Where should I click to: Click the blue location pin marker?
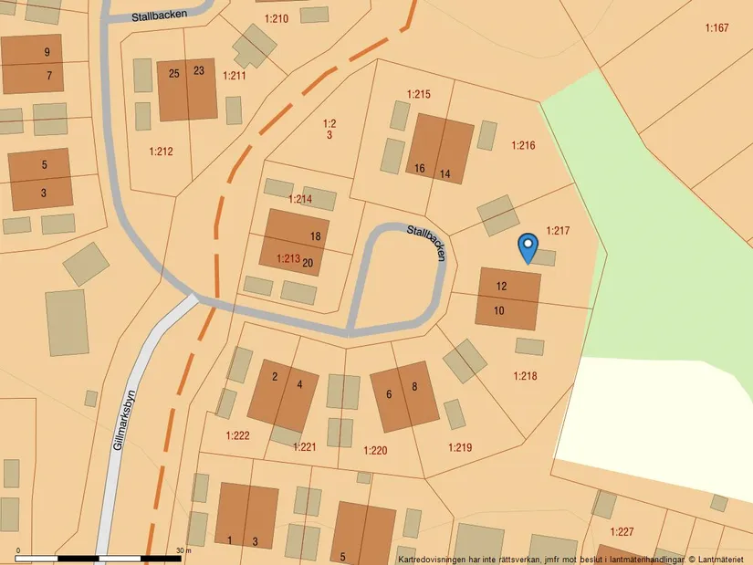527,246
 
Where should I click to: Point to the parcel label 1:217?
558,231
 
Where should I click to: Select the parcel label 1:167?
716,28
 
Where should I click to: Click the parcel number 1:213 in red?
288,259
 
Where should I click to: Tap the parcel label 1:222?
237,436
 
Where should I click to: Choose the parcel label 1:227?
622,532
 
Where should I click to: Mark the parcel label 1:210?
276,18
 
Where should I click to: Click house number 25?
173,71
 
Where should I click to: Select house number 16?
420,169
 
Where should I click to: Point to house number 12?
501,287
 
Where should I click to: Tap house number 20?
308,263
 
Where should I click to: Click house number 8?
414,387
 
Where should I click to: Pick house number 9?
47,52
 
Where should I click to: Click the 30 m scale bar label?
183,550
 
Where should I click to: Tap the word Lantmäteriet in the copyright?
723,559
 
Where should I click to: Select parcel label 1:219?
460,447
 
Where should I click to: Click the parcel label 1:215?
418,94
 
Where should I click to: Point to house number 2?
275,376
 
